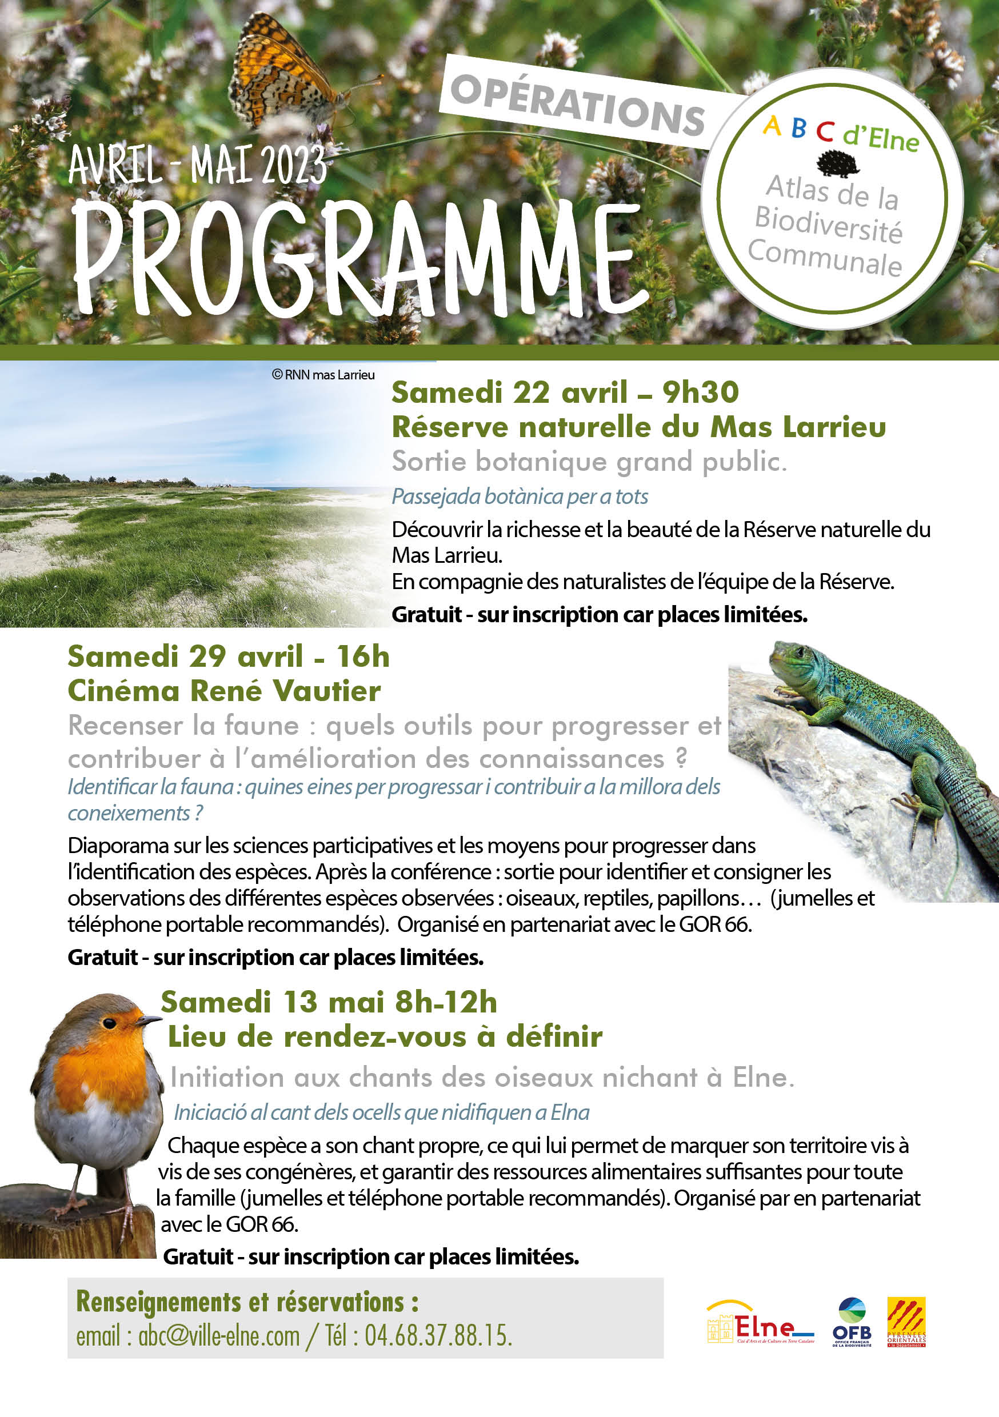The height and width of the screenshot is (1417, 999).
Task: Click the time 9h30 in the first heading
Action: click(700, 393)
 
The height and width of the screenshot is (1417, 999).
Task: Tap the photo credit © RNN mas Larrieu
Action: click(323, 375)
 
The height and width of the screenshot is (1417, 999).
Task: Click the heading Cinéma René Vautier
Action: click(224, 691)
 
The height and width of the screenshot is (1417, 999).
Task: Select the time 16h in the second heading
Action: click(363, 656)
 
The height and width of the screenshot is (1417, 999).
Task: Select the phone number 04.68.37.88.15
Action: click(438, 1337)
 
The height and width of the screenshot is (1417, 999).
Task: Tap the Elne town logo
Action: click(760, 1323)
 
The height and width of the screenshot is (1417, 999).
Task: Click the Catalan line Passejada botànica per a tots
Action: click(520, 496)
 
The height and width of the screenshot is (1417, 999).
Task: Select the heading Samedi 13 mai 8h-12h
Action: click(329, 1002)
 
